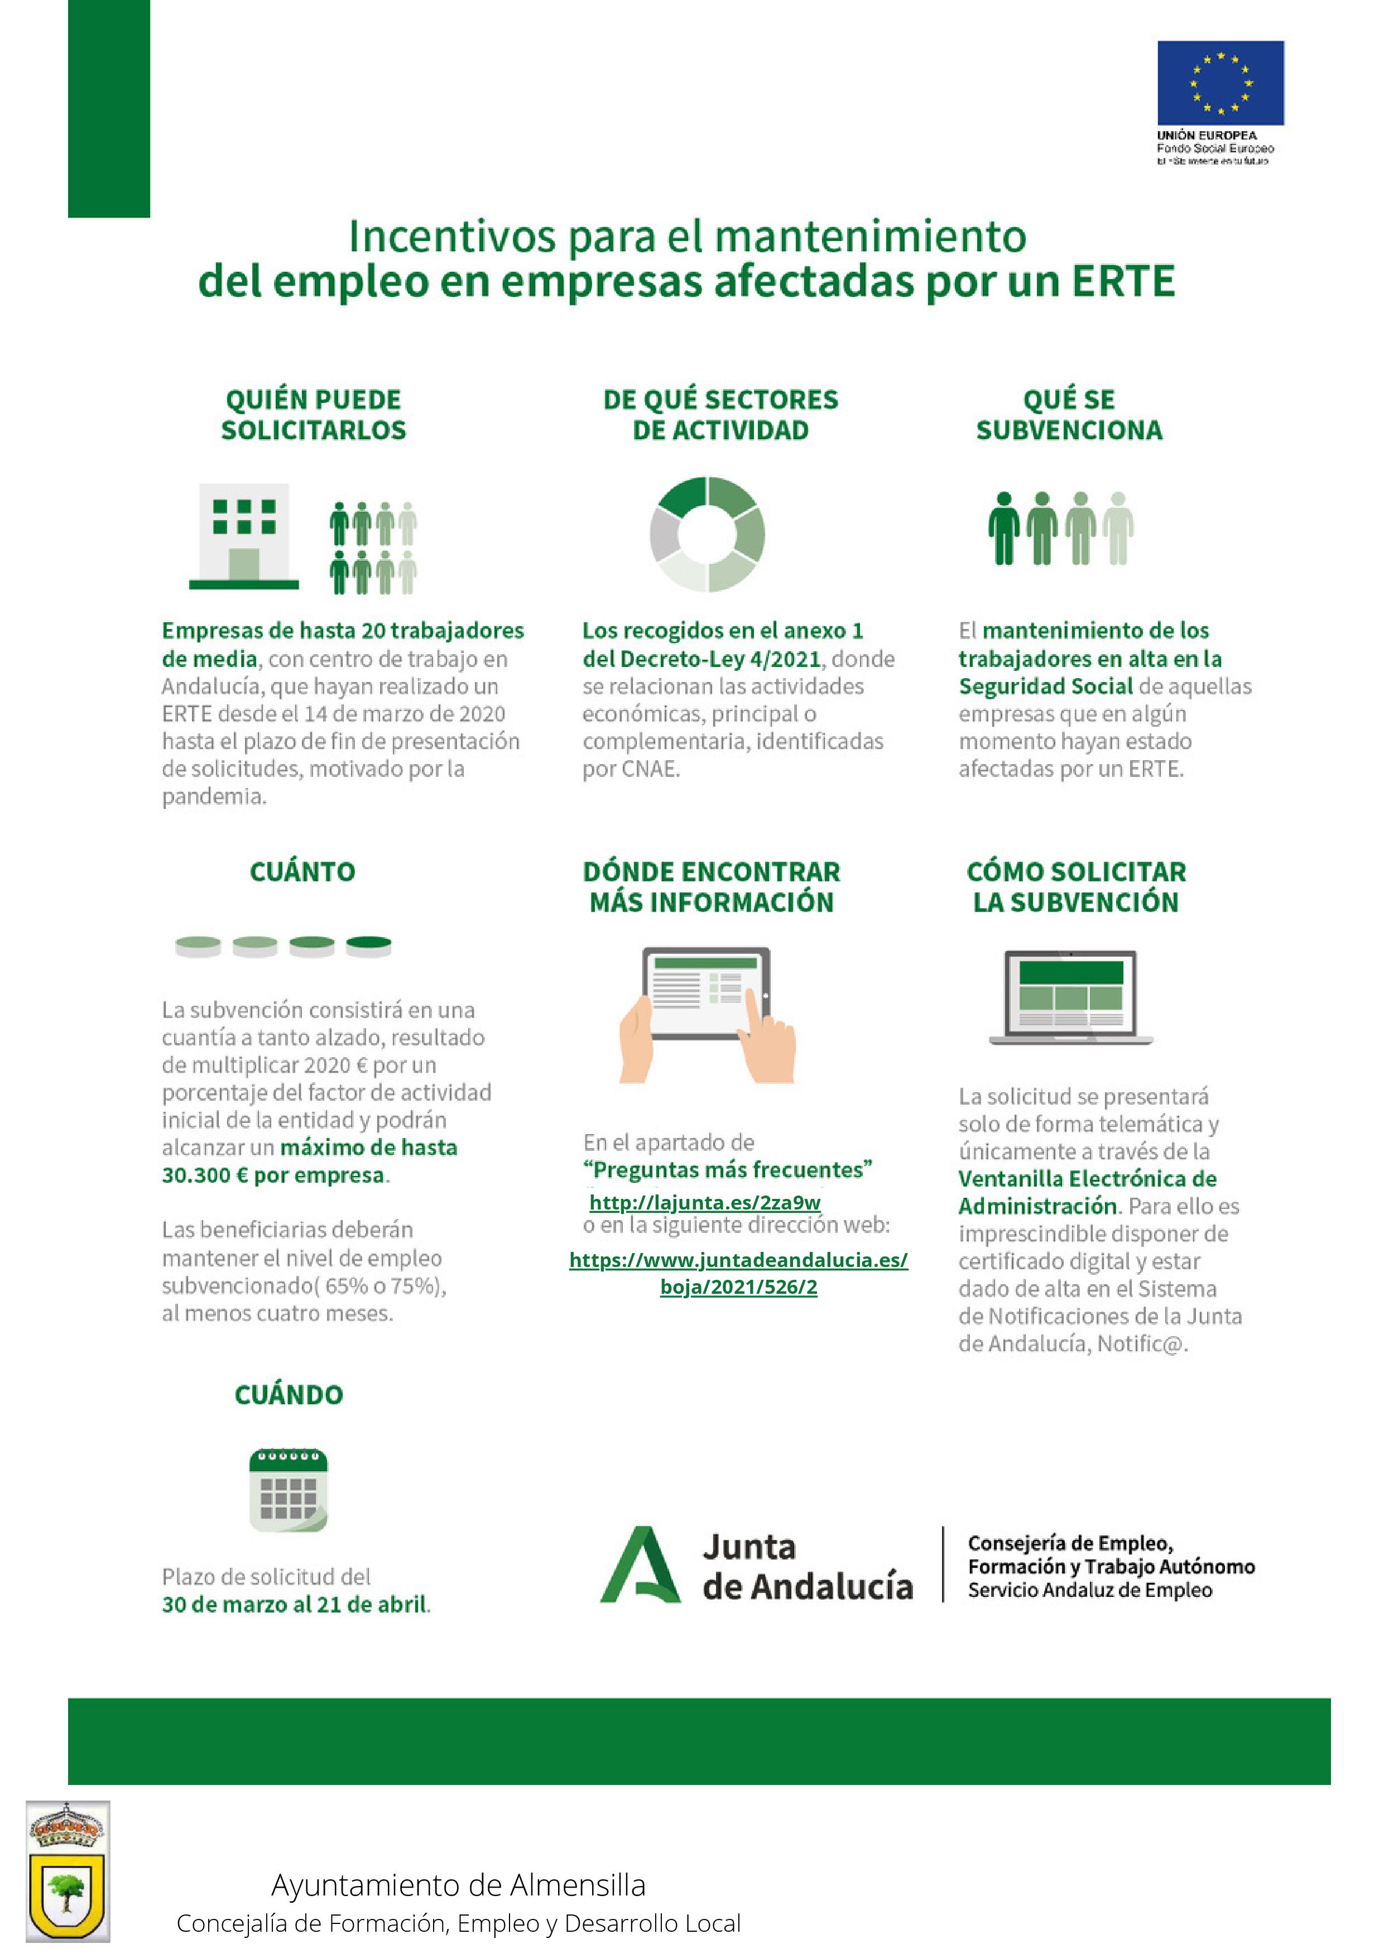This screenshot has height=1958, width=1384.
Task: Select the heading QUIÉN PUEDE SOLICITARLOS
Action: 314,415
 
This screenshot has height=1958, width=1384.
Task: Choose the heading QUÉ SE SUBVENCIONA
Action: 1069,415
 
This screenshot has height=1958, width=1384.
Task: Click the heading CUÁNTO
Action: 302,871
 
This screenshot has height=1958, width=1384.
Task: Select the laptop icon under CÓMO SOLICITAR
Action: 1071,997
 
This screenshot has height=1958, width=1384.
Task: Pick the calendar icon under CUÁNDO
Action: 288,1489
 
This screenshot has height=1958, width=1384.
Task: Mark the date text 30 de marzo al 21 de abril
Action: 295,1604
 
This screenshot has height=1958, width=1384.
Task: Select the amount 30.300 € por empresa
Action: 273,1174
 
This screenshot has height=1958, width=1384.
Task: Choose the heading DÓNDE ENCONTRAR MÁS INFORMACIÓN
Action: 711,887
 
